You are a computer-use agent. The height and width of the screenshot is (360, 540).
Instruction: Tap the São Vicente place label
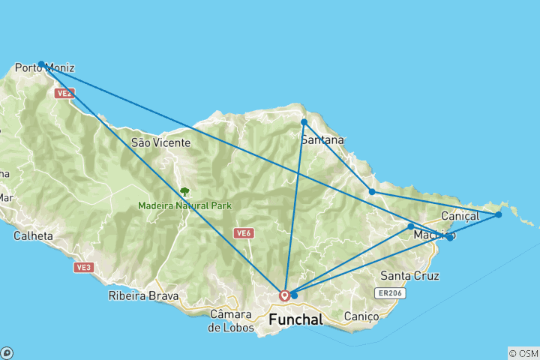tap(155, 142)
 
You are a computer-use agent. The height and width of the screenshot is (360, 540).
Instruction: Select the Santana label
tap(322, 139)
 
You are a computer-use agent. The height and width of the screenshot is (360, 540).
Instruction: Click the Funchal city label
tap(295, 319)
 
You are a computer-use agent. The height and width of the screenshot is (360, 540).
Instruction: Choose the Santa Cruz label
tap(410, 275)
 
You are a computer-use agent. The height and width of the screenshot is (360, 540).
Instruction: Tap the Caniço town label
tap(361, 316)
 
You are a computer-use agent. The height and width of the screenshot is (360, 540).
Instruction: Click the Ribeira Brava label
tap(143, 295)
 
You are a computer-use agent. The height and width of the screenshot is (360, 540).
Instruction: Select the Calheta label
tap(33, 235)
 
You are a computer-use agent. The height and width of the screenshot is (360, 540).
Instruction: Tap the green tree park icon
tap(184, 192)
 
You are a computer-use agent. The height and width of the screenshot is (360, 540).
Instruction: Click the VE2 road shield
tap(64, 93)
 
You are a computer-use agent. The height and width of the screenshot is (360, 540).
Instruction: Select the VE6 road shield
tap(242, 233)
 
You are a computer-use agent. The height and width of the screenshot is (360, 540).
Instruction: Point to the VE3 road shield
tap(83, 267)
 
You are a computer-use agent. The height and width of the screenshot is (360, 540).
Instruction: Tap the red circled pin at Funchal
tap(285, 295)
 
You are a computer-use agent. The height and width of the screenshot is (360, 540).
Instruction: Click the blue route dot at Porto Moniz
tap(41, 64)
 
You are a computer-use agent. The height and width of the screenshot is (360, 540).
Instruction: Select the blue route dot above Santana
tap(304, 121)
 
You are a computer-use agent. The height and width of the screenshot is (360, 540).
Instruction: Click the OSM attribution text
tap(523, 353)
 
